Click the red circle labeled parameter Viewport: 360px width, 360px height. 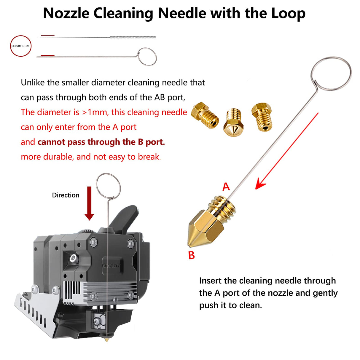pyautogui.click(x=20, y=46)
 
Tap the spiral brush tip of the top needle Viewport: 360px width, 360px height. pyautogui.click(x=133, y=37)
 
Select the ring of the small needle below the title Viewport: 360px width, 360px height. pyautogui.click(x=147, y=56)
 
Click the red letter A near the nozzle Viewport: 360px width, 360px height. pyautogui.click(x=226, y=187)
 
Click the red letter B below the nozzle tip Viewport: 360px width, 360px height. pyautogui.click(x=192, y=255)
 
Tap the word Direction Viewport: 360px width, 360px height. pyautogui.click(x=66, y=195)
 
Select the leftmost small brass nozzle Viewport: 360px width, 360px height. pyautogui.click(x=205, y=115)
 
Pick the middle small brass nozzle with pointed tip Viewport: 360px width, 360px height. pyautogui.click(x=233, y=122)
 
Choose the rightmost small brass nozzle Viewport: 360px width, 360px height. pyautogui.click(x=262, y=117)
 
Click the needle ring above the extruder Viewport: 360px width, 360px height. pyautogui.click(x=109, y=186)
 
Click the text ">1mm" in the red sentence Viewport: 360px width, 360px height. pyautogui.click(x=95, y=112)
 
